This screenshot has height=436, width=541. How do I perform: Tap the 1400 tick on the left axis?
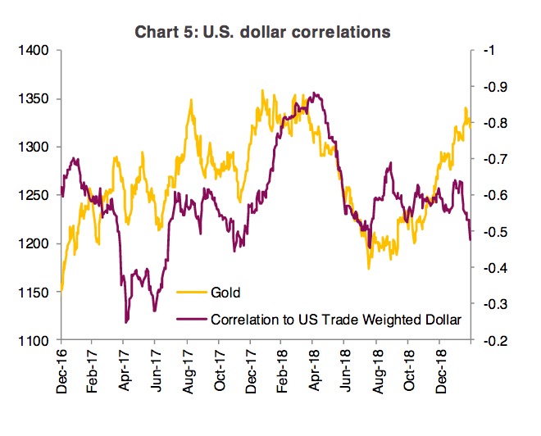pyautogui.click(x=34, y=51)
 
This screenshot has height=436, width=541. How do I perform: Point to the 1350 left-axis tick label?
pyautogui.click(x=34, y=99)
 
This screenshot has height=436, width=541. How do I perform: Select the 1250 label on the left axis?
pyautogui.click(x=34, y=195)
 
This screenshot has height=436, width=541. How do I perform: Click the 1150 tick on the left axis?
pyautogui.click(x=34, y=292)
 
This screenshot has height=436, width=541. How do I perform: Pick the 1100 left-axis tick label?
pyautogui.click(x=34, y=340)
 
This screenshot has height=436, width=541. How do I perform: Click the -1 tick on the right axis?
pyautogui.click(x=490, y=51)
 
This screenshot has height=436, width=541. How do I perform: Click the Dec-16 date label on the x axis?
pyautogui.click(x=63, y=370)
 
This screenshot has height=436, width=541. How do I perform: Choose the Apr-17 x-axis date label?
pyautogui.click(x=126, y=370)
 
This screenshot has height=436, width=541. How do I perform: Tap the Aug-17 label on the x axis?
pyautogui.click(x=189, y=370)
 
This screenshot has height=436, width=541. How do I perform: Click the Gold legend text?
pyautogui.click(x=226, y=291)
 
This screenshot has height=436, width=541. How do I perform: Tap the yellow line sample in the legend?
pyautogui.click(x=190, y=291)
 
